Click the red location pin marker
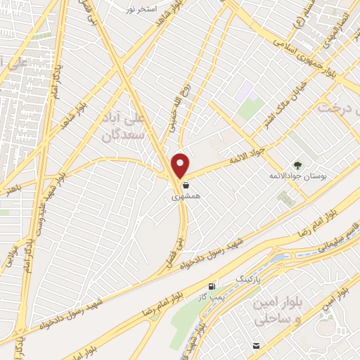pyautogui.click(x=181, y=165)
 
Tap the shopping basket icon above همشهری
pyautogui.click(x=185, y=186)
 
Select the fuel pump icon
pyautogui.click(x=211, y=287)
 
